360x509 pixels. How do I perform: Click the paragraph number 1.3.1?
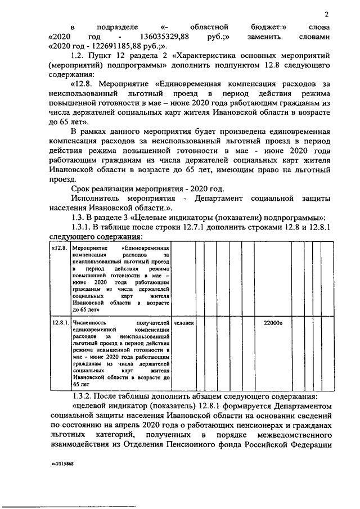pos(84,226)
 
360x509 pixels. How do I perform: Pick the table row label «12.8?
pos(59,248)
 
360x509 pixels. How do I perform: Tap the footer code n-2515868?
pos(62,466)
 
